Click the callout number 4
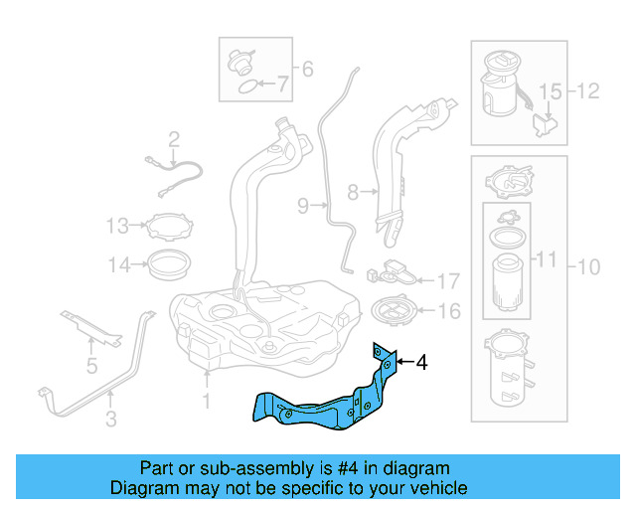tap(421, 363)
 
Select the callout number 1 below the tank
tap(207, 401)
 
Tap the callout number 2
tap(173, 139)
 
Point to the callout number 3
tap(111, 420)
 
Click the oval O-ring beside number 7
tap(244, 86)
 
